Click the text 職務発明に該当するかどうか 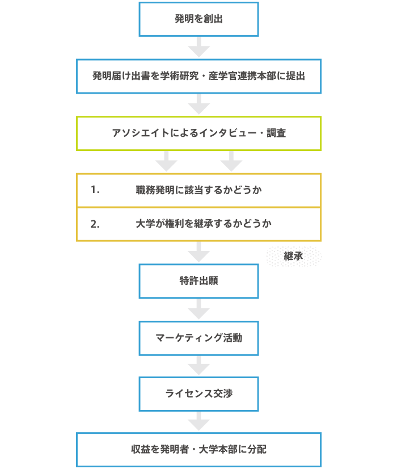click(x=198, y=190)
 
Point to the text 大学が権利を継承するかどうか click(x=204, y=224)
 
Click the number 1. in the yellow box click(x=95, y=190)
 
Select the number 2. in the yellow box click(x=95, y=224)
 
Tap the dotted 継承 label click(x=294, y=256)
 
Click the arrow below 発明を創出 click(x=198, y=47)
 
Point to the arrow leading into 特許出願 click(x=198, y=252)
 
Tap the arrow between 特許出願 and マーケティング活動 click(x=198, y=309)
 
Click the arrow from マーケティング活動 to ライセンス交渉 click(x=198, y=366)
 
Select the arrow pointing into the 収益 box click(x=198, y=421)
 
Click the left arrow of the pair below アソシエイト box click(x=166, y=161)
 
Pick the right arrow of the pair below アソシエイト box click(x=231, y=161)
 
